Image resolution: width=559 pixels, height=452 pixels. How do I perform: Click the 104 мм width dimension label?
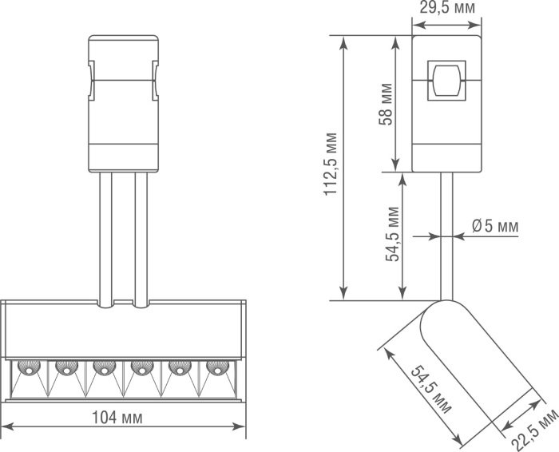pyautogui.click(x=117, y=418)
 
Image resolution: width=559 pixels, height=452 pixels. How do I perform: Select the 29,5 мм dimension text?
pyautogui.click(x=447, y=8)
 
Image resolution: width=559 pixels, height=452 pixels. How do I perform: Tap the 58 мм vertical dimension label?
pyautogui.click(x=386, y=104)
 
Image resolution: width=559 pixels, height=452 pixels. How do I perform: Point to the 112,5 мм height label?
pyautogui.click(x=331, y=164)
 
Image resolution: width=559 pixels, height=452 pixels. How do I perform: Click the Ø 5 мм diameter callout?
pyautogui.click(x=495, y=226)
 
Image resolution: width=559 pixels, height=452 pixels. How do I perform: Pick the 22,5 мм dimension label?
pyautogui.click(x=535, y=430)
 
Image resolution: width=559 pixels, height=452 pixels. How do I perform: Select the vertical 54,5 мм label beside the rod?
pyautogui.click(x=393, y=234)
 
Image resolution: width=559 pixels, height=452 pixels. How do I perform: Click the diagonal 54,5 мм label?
pyautogui.click(x=431, y=390)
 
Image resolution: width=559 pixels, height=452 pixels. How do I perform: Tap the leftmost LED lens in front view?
pyautogui.click(x=29, y=367)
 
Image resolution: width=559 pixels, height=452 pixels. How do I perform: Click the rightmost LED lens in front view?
pyautogui.click(x=217, y=367)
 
